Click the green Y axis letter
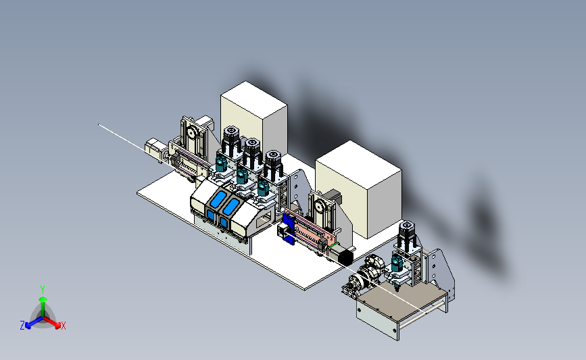[43, 290]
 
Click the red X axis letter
[63, 326]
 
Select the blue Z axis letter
[22, 326]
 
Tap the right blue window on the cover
[231, 207]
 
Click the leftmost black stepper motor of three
[231, 139]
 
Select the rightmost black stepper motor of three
[272, 163]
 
